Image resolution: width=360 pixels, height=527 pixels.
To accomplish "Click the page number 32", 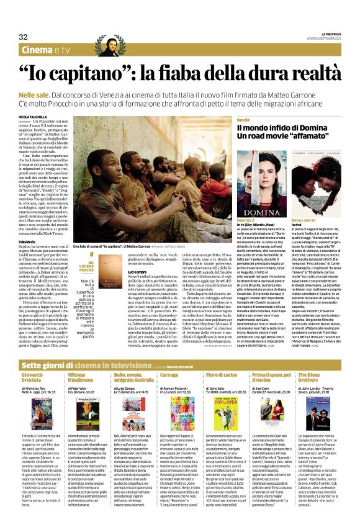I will point(24,37).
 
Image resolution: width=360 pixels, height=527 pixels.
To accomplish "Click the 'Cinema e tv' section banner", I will point(45,50).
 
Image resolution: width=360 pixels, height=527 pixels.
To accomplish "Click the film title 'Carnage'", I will point(169,358).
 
